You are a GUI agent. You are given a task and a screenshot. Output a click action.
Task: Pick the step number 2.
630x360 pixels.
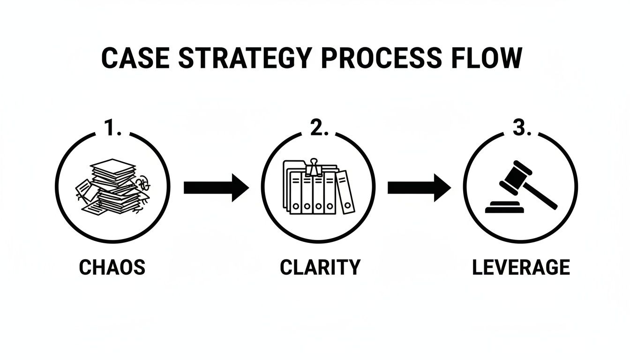pos(317,128)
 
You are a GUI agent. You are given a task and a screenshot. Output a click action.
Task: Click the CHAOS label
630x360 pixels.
pos(112,267)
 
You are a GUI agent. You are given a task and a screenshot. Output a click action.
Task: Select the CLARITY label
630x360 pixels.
pos(320,267)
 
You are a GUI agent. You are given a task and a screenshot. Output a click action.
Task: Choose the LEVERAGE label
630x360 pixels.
pos(521,267)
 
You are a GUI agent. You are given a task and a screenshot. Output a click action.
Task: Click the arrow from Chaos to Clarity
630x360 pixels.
pos(216,188)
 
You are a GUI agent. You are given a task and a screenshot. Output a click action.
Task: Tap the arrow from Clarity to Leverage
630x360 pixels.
pos(419,188)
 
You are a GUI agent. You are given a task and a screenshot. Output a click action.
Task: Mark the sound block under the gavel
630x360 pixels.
pos(506,207)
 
